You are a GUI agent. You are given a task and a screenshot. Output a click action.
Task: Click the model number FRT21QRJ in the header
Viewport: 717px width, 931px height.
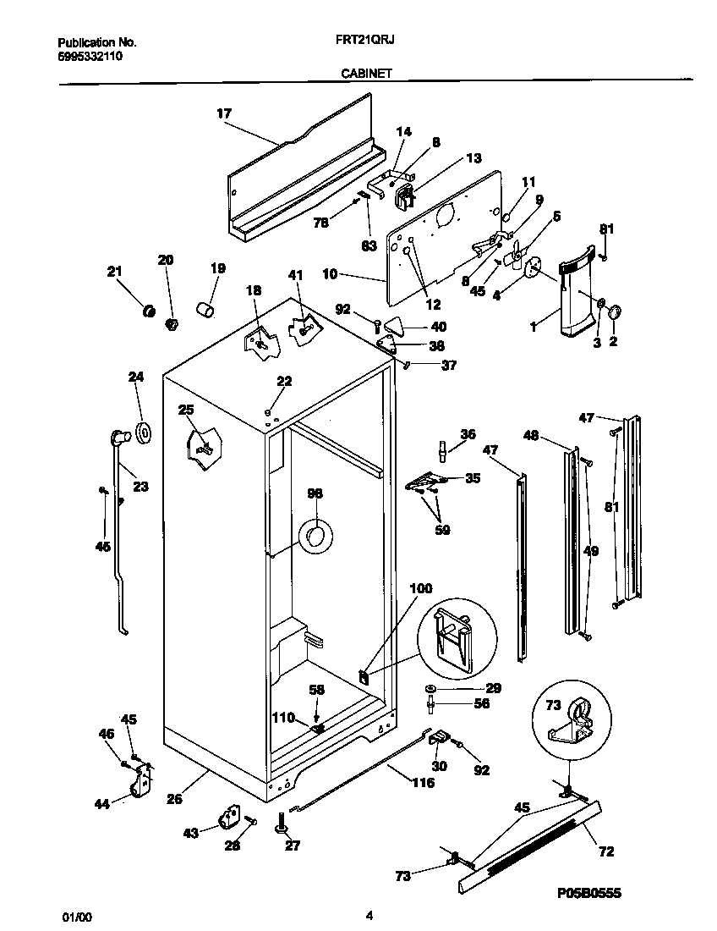tap(358, 41)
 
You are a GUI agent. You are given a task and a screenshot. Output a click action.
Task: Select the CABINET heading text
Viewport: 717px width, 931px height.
tap(365, 74)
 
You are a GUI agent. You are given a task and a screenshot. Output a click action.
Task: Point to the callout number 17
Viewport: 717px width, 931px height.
tap(224, 113)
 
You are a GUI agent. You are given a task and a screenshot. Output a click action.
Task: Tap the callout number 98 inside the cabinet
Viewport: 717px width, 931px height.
tap(315, 493)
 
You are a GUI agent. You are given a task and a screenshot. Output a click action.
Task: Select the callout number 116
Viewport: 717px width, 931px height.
tap(422, 783)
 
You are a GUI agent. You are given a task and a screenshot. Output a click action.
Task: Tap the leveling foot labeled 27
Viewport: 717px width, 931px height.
tap(280, 823)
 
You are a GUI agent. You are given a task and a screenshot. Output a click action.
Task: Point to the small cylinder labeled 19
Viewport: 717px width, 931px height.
tap(205, 308)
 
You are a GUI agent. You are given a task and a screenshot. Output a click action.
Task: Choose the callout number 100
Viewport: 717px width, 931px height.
tap(420, 588)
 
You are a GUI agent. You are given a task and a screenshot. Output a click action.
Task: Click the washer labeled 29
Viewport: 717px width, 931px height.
tap(431, 689)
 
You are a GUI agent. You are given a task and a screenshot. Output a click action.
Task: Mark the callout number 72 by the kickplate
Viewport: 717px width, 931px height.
tap(606, 851)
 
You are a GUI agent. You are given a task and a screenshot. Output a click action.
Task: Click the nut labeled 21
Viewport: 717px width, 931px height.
tap(149, 311)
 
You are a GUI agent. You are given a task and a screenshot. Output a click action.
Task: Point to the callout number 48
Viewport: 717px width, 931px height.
tap(531, 436)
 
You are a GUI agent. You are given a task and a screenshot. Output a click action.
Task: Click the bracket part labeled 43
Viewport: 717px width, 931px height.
tap(228, 819)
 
